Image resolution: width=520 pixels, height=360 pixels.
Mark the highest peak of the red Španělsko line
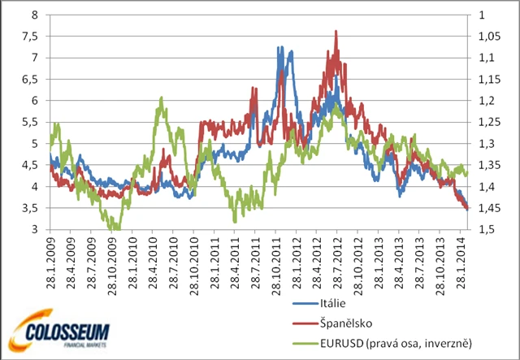tap(336, 31)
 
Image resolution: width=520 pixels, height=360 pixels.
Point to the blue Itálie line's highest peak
tap(279, 47)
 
